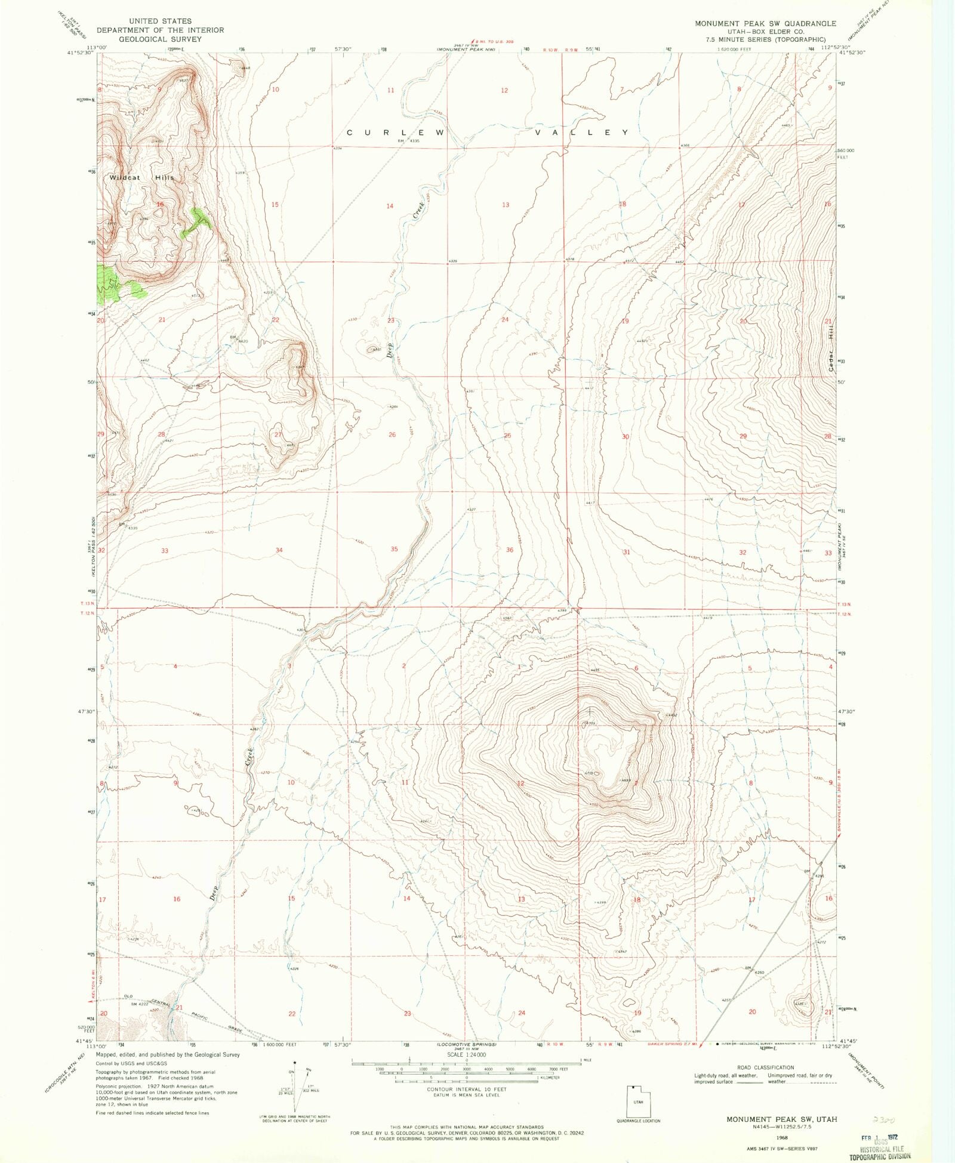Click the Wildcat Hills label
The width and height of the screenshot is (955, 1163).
(142, 177)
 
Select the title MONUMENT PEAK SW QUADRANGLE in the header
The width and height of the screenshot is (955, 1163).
(765, 23)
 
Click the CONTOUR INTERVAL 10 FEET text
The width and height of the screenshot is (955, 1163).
(465, 1089)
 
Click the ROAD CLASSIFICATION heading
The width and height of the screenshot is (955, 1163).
(765, 1068)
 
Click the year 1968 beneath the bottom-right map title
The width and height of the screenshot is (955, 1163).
(781, 1137)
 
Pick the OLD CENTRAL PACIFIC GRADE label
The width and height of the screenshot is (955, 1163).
(191, 1010)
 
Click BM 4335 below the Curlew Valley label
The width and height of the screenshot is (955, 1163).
(409, 141)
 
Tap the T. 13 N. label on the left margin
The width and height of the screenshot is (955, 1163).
(88, 604)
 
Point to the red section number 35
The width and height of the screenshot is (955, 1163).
(394, 549)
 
